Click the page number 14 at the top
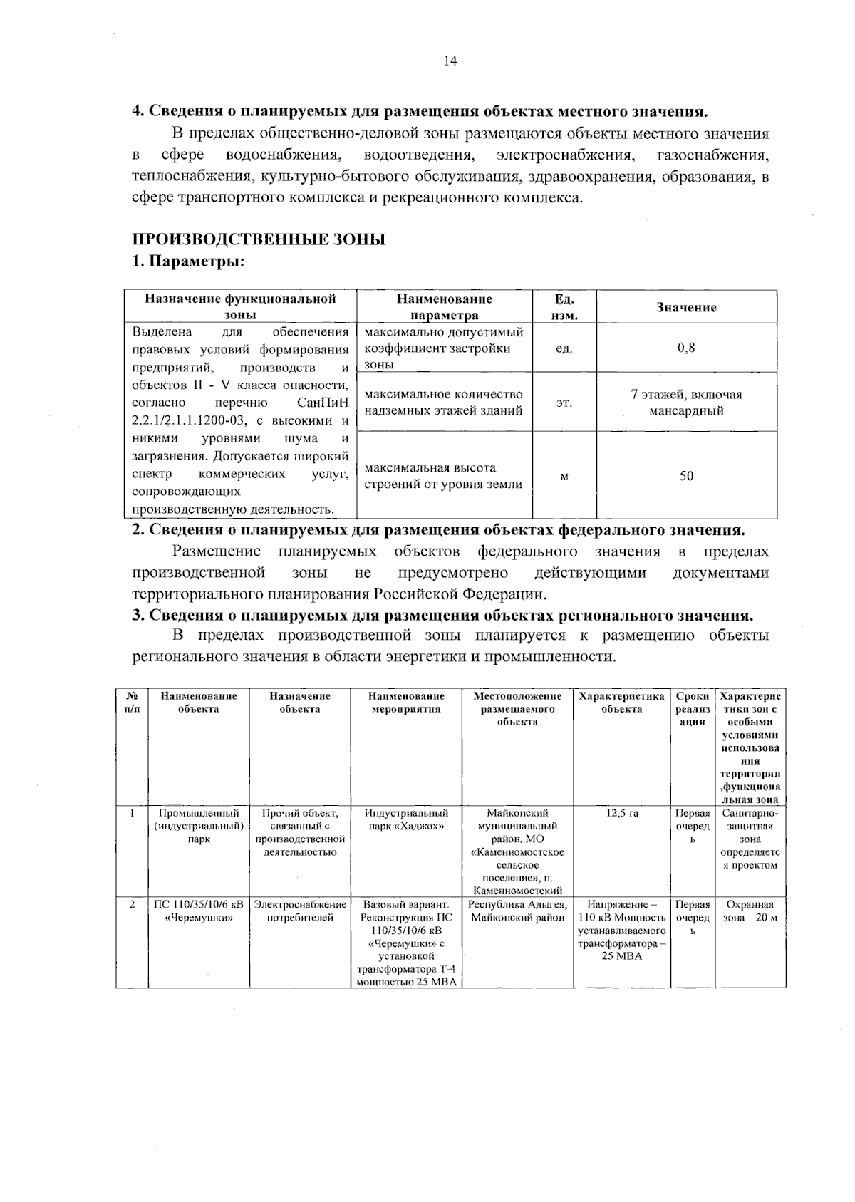click(x=450, y=61)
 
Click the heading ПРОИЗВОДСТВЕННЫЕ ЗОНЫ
click(x=259, y=239)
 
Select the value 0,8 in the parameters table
click(x=686, y=348)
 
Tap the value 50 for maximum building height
click(x=686, y=476)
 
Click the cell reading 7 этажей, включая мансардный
click(x=686, y=403)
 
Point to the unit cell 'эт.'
click(x=564, y=403)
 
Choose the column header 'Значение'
click(x=686, y=307)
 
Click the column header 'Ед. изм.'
click(x=564, y=307)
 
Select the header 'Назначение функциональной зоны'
click(x=240, y=307)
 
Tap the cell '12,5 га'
click(x=622, y=814)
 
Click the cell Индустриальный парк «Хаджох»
click(x=406, y=820)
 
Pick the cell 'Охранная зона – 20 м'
click(x=750, y=911)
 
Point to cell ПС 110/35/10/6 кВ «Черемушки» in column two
click(x=199, y=911)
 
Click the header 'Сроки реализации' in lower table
click(x=693, y=709)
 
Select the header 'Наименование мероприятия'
click(x=406, y=703)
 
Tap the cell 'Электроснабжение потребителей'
click(x=300, y=911)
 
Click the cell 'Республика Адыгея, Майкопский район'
click(x=517, y=911)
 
